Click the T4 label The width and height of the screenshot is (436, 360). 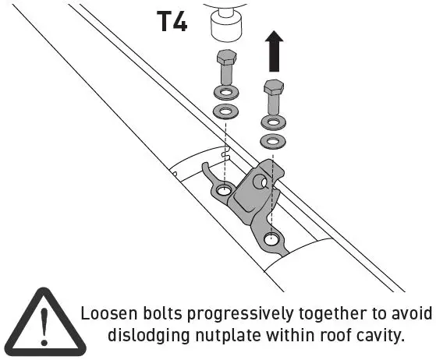pos(172,21)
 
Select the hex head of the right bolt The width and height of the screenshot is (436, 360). pos(273,86)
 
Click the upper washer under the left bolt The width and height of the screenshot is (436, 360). pos(225,94)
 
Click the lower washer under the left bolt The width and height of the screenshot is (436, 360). pos(225,112)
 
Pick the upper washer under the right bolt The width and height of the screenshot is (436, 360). pos(273,122)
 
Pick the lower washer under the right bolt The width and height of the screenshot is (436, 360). pos(273,141)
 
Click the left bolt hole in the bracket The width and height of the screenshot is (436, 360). pos(224,190)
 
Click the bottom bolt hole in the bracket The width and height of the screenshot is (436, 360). pos(270,239)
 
